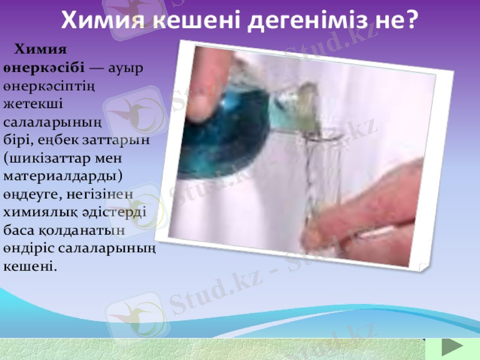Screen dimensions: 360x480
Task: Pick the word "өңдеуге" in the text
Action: (x=30, y=195)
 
